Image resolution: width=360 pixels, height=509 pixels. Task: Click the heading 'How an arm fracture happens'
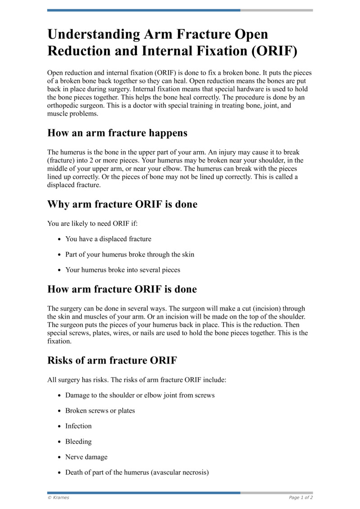pyautogui.click(x=117, y=133)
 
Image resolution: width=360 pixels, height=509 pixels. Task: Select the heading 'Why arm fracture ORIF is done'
pyautogui.click(x=122, y=204)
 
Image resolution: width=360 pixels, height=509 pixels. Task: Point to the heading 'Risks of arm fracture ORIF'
pyautogui.click(x=112, y=360)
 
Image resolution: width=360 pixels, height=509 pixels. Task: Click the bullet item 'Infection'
pyautogui.click(x=78, y=426)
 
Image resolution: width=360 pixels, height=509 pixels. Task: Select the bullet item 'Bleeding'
pyautogui.click(x=78, y=441)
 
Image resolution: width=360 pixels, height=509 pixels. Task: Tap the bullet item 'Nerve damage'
pyautogui.click(x=86, y=457)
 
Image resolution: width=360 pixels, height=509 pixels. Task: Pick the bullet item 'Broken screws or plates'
pyautogui.click(x=100, y=411)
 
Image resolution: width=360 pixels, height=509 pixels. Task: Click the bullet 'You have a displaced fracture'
pyautogui.click(x=108, y=239)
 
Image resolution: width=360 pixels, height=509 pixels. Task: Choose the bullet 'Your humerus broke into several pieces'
pyautogui.click(x=122, y=270)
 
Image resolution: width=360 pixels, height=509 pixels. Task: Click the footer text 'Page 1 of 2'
pyautogui.click(x=301, y=498)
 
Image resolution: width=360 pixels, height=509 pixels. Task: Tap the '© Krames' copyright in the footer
pyautogui.click(x=58, y=498)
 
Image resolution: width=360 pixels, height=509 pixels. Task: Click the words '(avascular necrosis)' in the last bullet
pyautogui.click(x=180, y=473)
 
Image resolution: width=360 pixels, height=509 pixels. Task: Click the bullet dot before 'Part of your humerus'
pyautogui.click(x=59, y=255)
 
